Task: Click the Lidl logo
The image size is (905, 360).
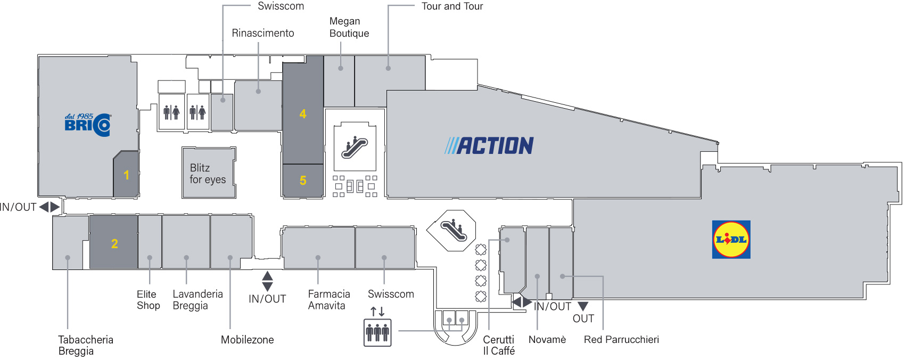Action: [731, 240]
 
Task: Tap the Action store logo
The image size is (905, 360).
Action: [489, 145]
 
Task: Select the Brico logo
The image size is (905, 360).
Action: [88, 125]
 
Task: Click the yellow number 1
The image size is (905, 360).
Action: [127, 175]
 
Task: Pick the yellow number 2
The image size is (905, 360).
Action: [115, 243]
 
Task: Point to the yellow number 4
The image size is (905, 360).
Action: [302, 114]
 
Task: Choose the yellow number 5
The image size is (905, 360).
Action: [303, 180]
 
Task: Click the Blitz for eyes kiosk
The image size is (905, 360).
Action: [209, 173]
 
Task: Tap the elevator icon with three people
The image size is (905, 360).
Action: [377, 332]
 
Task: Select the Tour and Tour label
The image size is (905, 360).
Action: [452, 6]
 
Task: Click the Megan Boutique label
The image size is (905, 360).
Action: [349, 27]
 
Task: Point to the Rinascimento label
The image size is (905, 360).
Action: [262, 33]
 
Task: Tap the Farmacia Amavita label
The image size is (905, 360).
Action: [329, 299]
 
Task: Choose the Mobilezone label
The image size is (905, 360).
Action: [247, 340]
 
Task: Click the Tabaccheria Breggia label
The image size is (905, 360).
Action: [86, 345]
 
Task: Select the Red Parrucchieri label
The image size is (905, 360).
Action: [621, 339]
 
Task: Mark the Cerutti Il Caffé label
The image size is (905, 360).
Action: [499, 345]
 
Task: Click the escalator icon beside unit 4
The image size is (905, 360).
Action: [355, 146]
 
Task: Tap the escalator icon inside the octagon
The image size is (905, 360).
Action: [454, 230]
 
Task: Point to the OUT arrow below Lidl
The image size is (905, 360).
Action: [582, 306]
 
